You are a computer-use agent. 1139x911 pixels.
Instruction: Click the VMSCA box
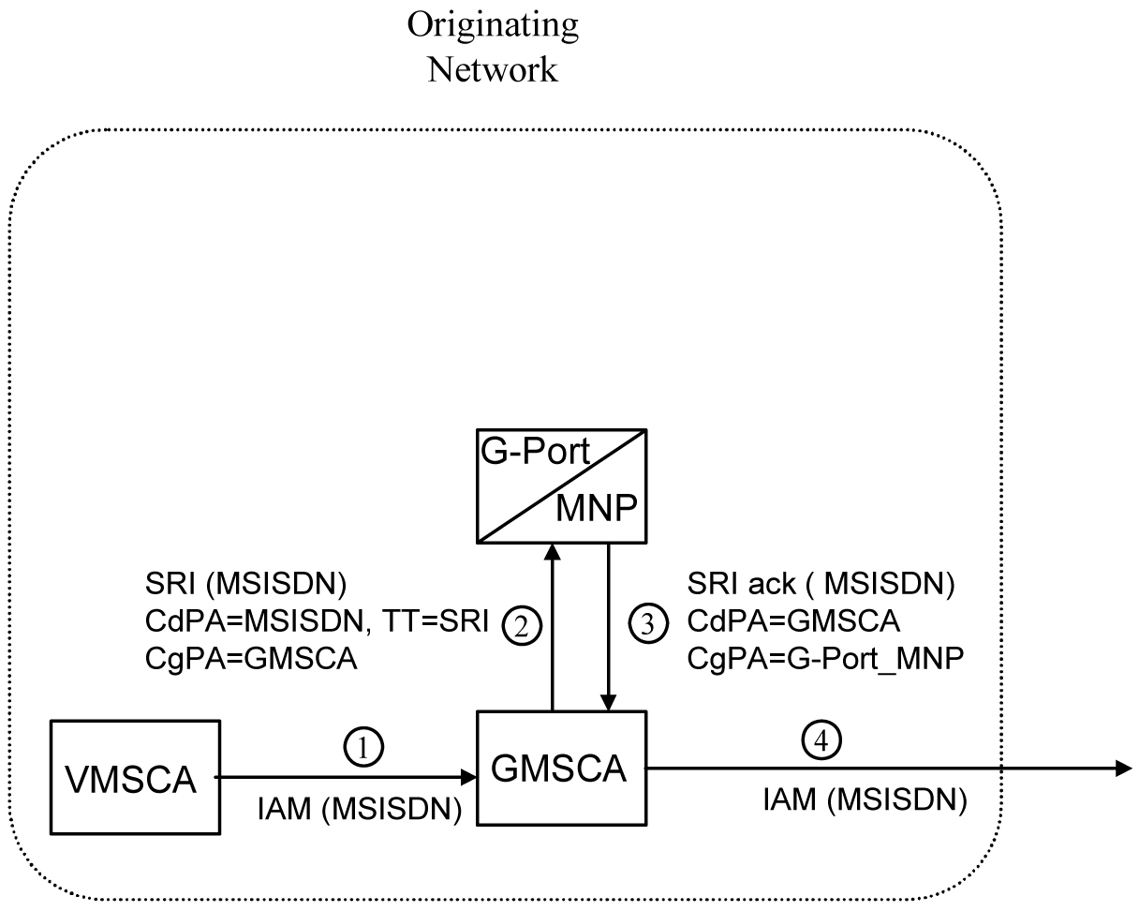point(135,777)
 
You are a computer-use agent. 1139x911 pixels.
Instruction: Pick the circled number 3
point(646,622)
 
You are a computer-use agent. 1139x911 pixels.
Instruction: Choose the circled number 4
point(823,740)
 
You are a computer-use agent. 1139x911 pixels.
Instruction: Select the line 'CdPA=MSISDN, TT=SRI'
point(318,622)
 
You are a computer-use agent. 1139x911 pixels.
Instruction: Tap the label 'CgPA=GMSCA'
point(251,659)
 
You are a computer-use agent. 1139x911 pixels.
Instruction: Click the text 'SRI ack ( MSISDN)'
point(821,586)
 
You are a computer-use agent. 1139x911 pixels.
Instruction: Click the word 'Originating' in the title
point(493,25)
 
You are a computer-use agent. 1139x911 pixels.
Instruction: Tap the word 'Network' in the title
point(493,68)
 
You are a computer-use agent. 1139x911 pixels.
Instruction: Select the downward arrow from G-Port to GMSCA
point(610,628)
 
